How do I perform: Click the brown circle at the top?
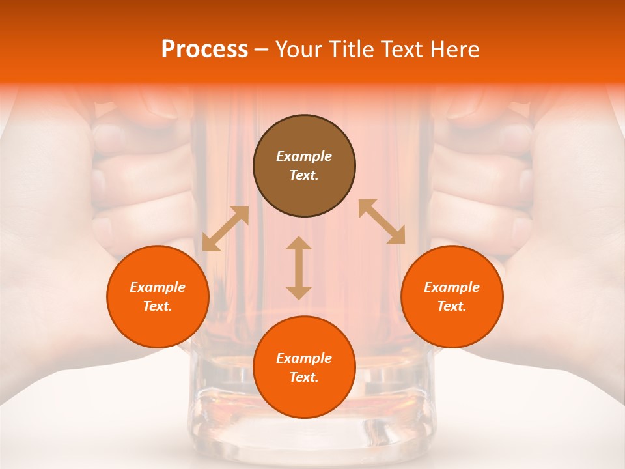click(304, 166)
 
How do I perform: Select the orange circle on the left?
click(158, 296)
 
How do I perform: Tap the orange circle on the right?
click(452, 296)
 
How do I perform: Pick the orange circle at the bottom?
click(304, 367)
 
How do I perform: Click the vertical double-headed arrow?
click(299, 268)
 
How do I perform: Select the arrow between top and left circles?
click(225, 229)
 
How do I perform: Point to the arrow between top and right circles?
click(382, 221)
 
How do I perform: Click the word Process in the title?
click(204, 50)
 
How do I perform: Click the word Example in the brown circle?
click(304, 156)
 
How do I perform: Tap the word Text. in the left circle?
click(158, 306)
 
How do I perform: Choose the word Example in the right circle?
click(452, 287)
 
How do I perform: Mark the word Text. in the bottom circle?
click(304, 377)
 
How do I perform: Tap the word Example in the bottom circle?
click(304, 358)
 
